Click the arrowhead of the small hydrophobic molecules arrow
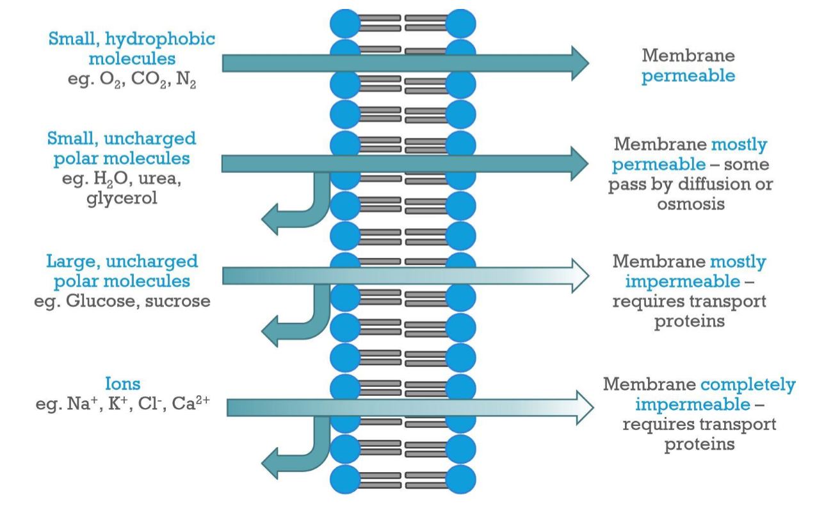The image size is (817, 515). coord(578,63)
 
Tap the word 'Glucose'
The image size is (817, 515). coord(99,300)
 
